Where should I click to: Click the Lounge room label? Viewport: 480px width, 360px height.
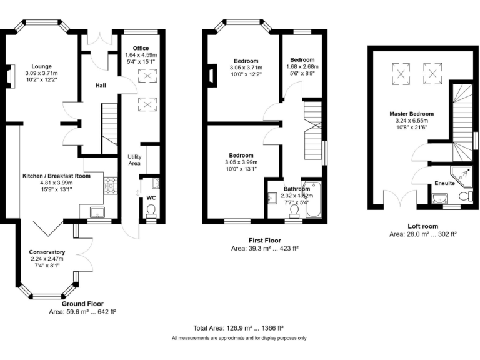coord(42,66)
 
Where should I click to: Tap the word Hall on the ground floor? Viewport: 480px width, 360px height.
coord(101,85)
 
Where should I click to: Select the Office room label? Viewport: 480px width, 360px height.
coord(141,48)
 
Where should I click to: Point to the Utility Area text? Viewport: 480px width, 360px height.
coord(134,160)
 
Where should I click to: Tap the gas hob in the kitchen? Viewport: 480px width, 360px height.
coord(111,186)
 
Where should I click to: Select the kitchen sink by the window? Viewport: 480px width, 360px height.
coord(97,212)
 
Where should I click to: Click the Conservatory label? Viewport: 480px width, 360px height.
coord(47,252)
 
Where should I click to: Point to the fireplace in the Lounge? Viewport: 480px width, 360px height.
coord(10,76)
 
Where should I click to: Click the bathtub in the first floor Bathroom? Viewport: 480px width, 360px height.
coord(313,199)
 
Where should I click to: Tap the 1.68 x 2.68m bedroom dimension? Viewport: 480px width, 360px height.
coord(302,66)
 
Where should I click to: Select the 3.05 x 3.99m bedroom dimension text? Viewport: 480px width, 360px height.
coord(241,162)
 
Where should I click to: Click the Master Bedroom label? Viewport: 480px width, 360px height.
coord(412,114)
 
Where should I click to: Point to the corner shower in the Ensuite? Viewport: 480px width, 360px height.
coord(462,176)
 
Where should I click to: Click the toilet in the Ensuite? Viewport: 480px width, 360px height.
coord(466,195)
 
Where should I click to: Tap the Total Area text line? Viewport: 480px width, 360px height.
coord(239,328)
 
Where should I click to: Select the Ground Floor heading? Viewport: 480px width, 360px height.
coord(82,304)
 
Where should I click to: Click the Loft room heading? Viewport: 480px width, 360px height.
coord(422,226)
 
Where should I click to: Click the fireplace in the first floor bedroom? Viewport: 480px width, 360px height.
coord(212,75)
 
